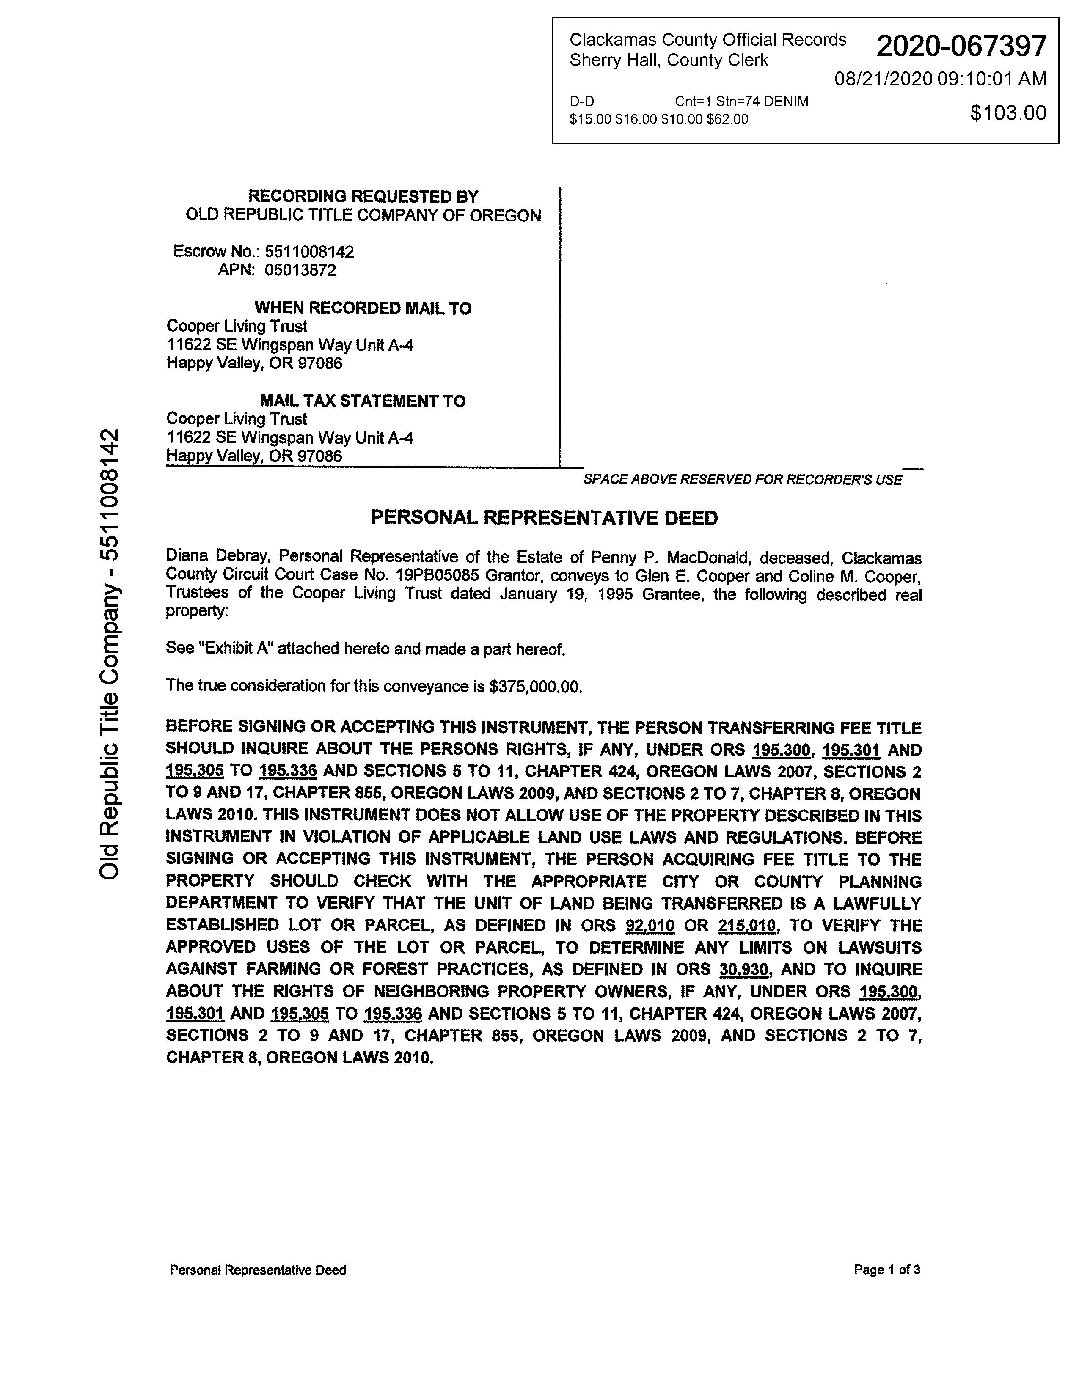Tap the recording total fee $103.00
click(1008, 113)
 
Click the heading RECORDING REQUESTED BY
click(363, 196)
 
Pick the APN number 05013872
click(300, 270)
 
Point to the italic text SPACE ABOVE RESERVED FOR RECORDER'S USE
click(743, 479)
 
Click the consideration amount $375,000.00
click(535, 687)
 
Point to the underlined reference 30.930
click(743, 970)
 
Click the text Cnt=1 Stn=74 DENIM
click(741, 102)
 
